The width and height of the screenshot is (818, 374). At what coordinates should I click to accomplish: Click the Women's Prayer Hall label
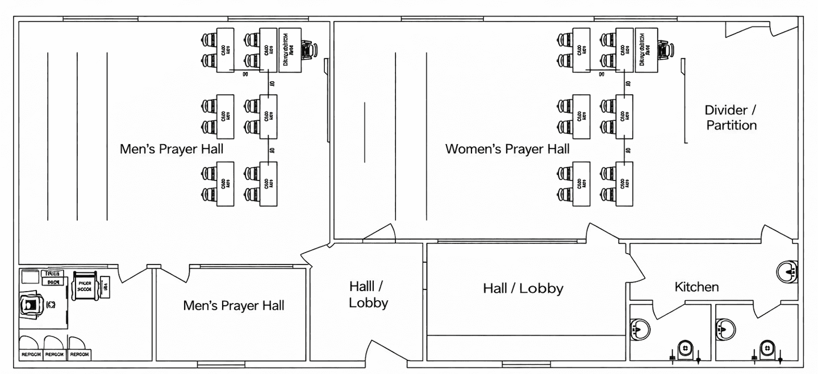(507, 149)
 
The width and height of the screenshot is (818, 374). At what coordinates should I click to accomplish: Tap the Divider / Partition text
(731, 117)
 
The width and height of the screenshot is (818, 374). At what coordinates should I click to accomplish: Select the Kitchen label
(696, 287)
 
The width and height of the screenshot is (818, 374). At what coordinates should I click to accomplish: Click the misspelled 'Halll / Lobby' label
(368, 294)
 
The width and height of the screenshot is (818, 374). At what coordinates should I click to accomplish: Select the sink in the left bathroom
(640, 327)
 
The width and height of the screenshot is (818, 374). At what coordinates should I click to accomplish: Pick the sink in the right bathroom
(725, 327)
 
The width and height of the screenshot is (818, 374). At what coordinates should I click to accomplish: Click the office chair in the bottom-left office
(31, 304)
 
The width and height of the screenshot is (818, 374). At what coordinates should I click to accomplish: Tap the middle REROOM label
(55, 354)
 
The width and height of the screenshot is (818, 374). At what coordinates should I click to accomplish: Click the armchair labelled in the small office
(85, 285)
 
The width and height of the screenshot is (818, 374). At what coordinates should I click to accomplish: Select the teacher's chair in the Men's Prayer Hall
(308, 50)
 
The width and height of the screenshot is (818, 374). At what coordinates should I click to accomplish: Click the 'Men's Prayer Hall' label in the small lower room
(233, 305)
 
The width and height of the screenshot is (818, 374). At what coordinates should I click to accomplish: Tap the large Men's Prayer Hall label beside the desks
(172, 149)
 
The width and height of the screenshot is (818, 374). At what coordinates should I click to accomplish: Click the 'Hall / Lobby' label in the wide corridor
(523, 288)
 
